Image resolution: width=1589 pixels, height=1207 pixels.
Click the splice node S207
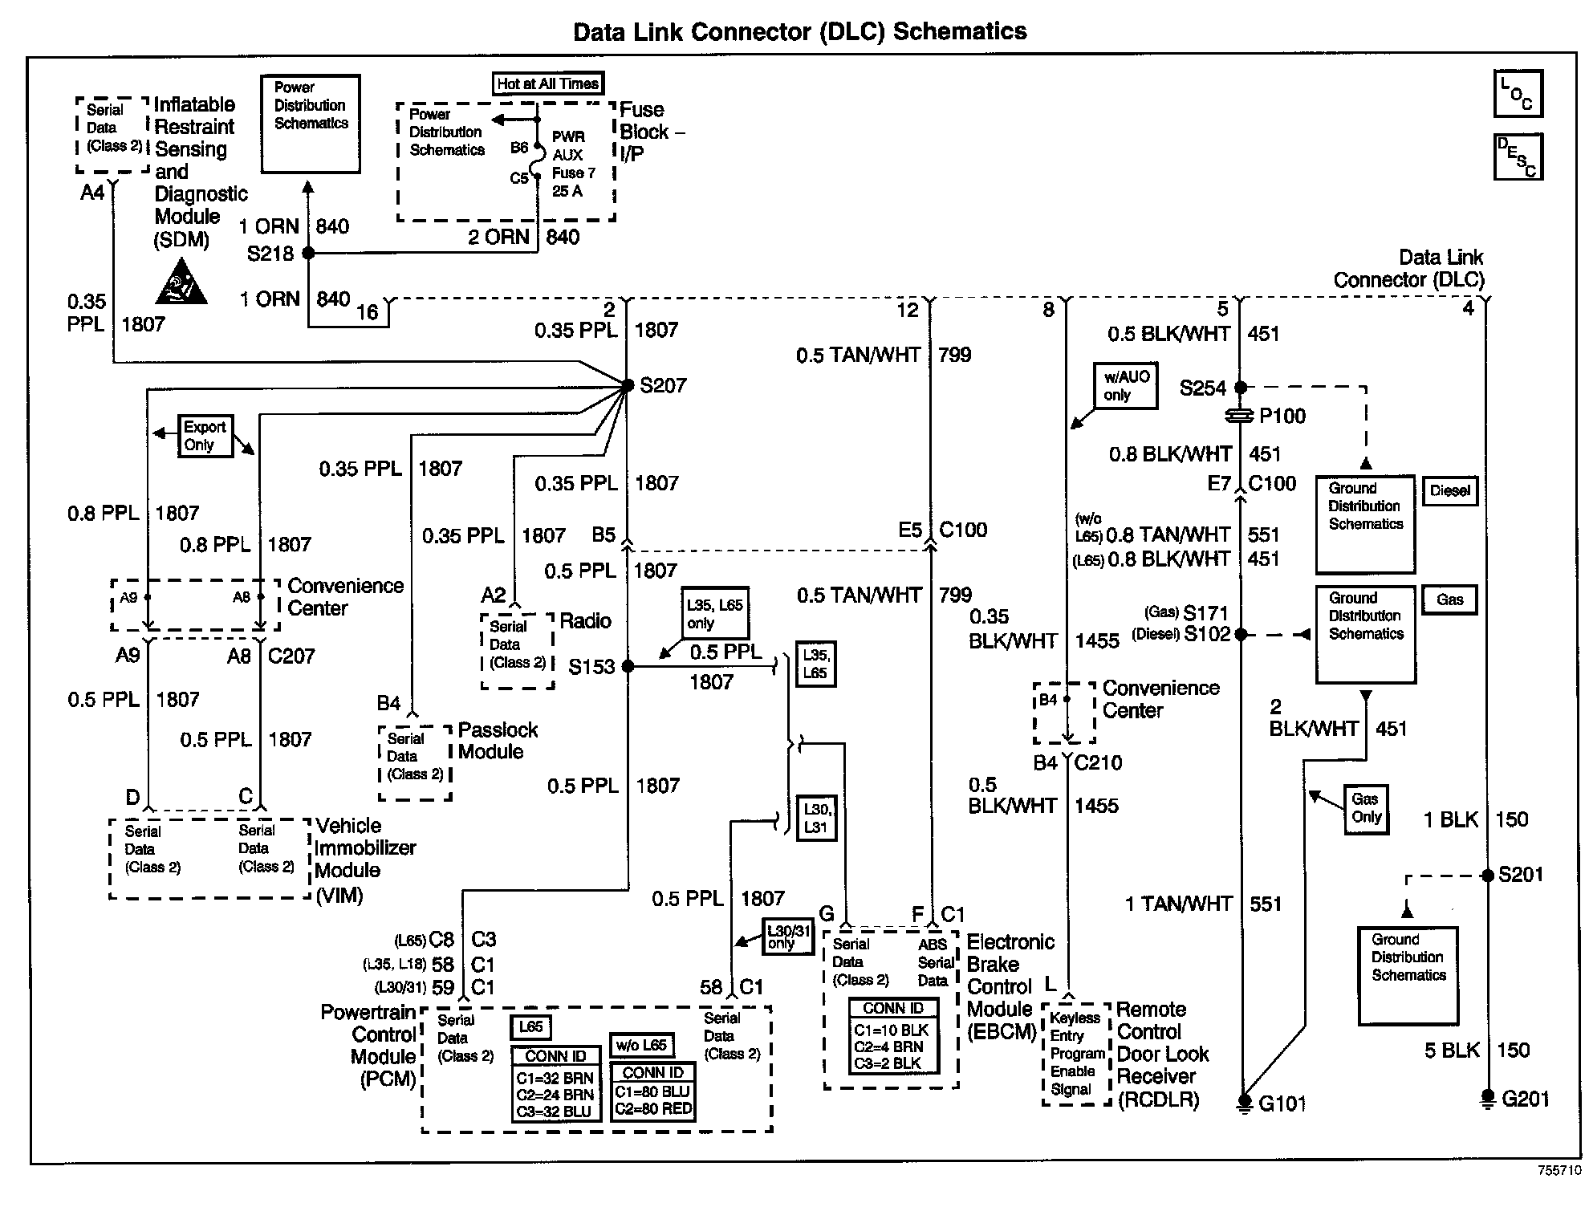627,386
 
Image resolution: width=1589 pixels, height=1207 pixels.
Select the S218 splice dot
307,254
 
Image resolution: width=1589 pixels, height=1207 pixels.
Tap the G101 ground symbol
1243,1103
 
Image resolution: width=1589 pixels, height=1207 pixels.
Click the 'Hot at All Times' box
547,84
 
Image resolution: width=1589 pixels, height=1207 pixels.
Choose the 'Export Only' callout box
205,437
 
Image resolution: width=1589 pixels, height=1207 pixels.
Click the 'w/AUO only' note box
1126,386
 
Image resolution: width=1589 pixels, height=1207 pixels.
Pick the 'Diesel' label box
1449,491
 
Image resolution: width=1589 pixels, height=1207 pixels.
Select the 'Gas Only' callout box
1365,809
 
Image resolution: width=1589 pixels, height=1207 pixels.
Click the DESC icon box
1518,156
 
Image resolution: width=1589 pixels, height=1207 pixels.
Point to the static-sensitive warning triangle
181,283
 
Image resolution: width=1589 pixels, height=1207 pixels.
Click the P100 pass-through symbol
1241,416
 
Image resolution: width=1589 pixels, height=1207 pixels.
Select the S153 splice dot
628,666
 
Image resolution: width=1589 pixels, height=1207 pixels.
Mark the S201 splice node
1486,876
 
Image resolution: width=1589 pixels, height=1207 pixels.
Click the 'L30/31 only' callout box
787,937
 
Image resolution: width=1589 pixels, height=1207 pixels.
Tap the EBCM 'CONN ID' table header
892,1009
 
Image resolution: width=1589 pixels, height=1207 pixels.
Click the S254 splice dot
1241,388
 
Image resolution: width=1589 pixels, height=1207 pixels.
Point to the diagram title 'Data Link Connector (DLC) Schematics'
799,32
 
